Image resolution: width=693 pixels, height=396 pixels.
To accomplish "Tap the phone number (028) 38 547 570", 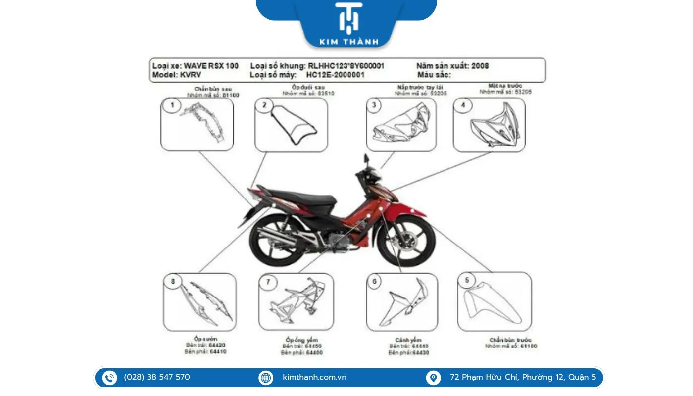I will pos(157,377).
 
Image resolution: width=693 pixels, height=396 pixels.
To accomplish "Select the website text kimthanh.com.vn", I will pos(314,377).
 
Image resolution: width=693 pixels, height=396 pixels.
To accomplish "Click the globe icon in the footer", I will pos(266,378).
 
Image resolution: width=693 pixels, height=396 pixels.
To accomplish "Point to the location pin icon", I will pos(433,378).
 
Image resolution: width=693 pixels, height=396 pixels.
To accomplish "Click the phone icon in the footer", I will pos(109,378).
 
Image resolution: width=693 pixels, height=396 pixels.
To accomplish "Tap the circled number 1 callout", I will pos(172,105).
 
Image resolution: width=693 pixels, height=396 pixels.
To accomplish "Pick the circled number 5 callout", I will pos(467,281).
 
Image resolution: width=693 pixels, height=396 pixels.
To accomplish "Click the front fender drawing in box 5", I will pos(493,302).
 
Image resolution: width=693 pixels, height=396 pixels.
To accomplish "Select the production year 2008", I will pos(480,66).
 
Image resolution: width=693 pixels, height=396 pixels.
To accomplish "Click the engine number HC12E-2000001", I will pos(335,75).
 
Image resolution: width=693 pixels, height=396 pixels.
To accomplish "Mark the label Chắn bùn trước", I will pos(510,340).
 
